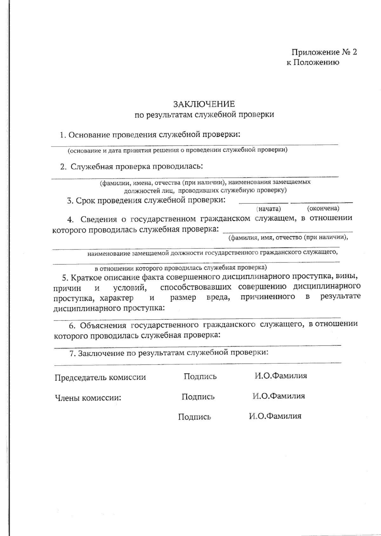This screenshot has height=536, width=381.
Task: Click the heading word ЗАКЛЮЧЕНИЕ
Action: point(204,104)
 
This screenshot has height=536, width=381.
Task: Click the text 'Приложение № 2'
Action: point(324,52)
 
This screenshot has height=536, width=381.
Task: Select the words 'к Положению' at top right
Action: point(313,63)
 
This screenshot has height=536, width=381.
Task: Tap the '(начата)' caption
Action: point(269,209)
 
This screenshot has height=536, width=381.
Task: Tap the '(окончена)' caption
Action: point(323,208)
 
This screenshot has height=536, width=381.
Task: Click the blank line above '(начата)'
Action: point(263,202)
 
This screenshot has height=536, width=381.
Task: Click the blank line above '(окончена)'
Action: point(321,202)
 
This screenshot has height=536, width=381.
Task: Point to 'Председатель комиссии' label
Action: point(100,378)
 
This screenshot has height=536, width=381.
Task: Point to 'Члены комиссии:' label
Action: point(88,398)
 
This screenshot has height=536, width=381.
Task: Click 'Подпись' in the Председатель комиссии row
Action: point(200,377)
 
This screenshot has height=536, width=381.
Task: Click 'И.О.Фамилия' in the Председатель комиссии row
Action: point(281,376)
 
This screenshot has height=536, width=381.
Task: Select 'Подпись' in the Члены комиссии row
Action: point(198,397)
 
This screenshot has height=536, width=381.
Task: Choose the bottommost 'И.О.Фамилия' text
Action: point(275,416)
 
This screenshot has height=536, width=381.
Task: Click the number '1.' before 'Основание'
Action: point(63,135)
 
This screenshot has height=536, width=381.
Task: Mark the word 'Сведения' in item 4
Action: point(99,219)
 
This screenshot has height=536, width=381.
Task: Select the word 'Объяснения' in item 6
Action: point(103,325)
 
